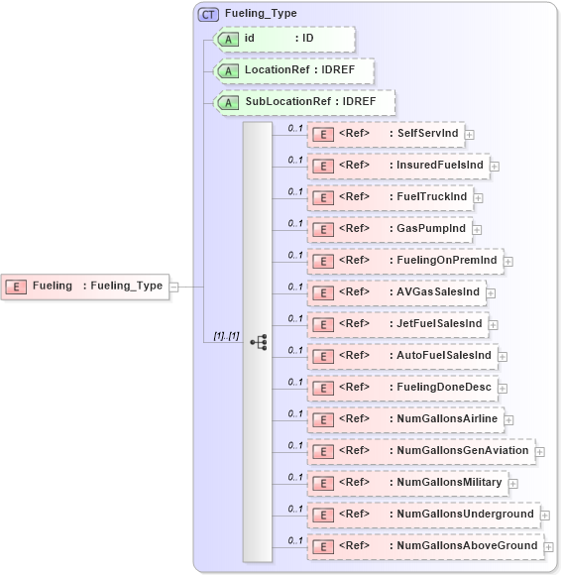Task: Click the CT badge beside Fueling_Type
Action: (209, 14)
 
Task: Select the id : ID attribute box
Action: (284, 39)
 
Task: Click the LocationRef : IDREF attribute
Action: (294, 71)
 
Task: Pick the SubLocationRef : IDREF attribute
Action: (304, 102)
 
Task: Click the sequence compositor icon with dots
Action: (258, 342)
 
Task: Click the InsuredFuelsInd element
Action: (397, 166)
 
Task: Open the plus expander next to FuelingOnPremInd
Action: (508, 262)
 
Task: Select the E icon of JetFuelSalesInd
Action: (322, 324)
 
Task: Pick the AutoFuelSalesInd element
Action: (400, 356)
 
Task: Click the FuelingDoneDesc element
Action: (400, 388)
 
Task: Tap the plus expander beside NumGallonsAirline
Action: (508, 420)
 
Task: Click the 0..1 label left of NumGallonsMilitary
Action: (295, 477)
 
